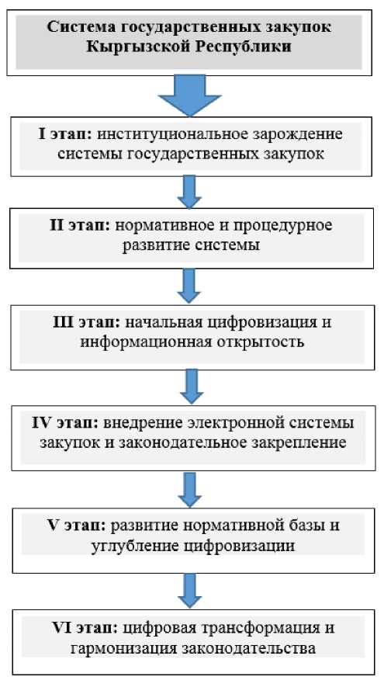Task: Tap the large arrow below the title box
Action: point(189,95)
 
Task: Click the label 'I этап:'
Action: point(65,135)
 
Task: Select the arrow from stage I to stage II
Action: point(189,192)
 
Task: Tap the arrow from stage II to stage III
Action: point(189,286)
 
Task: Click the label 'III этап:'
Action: point(87,323)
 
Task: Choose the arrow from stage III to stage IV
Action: point(192,386)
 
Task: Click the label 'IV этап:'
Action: point(66,424)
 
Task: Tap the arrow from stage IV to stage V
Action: point(189,489)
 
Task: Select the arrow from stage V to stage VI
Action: point(189,591)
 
